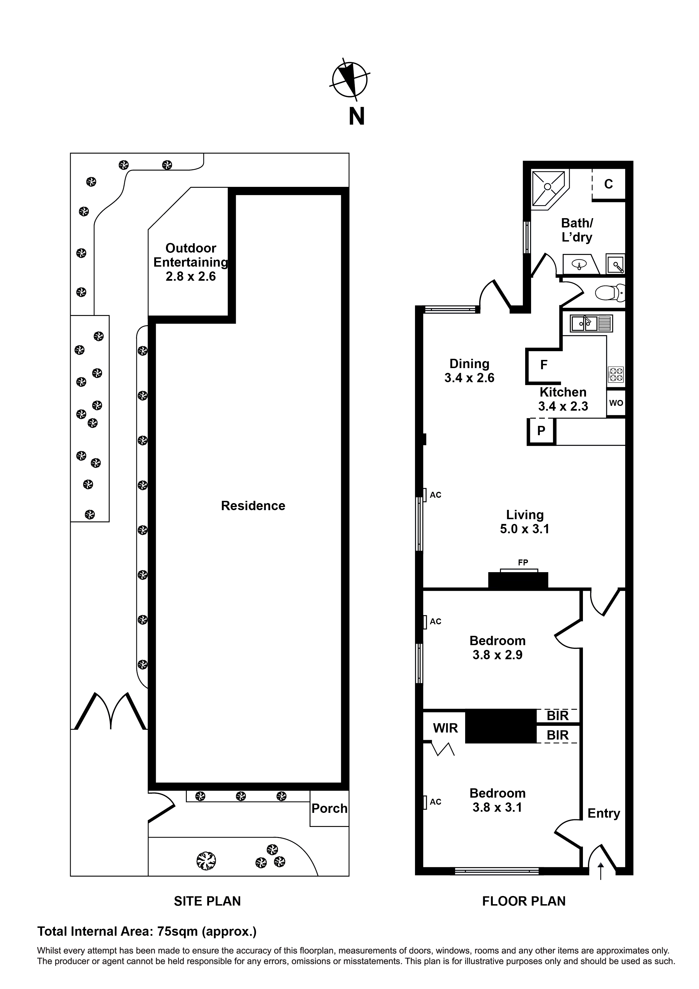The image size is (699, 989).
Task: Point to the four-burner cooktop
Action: click(x=615, y=374)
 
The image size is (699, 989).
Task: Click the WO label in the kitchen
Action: click(x=616, y=403)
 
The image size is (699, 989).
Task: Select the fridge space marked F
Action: click(x=543, y=365)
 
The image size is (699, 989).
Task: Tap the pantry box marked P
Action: click(x=541, y=430)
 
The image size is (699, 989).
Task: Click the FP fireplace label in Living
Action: click(x=523, y=562)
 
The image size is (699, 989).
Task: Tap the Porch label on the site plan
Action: click(x=329, y=808)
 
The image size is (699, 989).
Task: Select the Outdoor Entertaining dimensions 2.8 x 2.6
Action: click(x=190, y=276)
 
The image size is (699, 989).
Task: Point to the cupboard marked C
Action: click(x=608, y=184)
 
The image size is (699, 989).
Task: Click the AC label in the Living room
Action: click(x=435, y=495)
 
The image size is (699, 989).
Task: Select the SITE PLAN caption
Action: click(x=207, y=901)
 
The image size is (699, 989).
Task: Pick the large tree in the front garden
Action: click(x=206, y=861)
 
